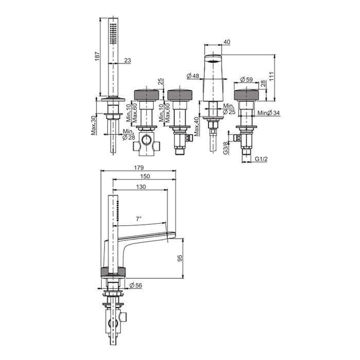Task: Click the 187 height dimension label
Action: coord(98,56)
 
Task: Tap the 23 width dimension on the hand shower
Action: coord(128,60)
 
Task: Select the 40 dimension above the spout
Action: coord(227,42)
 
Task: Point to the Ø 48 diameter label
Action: coord(193,76)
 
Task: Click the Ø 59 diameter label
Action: coord(246,79)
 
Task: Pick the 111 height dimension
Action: coord(272,76)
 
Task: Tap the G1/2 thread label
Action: coord(261,158)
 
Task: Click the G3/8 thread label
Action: coord(226,148)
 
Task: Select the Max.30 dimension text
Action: coord(94,125)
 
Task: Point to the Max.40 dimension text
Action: coord(196,127)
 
